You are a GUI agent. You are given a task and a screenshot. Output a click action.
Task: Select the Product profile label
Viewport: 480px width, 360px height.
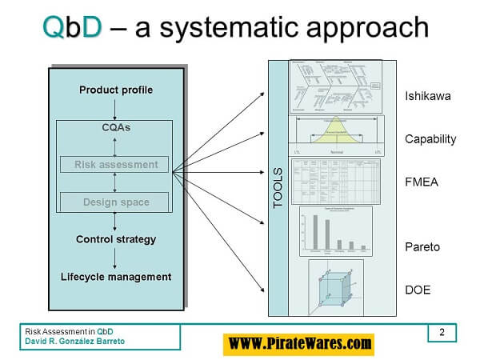(116, 90)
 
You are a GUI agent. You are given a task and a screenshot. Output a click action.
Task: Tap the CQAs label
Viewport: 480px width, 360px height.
(116, 127)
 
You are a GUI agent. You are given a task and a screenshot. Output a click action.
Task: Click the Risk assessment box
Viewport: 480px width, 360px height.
(115, 165)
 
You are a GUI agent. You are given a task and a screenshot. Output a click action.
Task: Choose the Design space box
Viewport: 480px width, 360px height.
(115, 202)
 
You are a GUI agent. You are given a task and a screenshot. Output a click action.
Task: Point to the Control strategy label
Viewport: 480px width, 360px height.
(116, 239)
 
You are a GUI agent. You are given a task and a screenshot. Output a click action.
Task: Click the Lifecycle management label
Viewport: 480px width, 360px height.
(116, 277)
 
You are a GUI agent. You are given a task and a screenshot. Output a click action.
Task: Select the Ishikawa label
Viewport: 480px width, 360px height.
(426, 97)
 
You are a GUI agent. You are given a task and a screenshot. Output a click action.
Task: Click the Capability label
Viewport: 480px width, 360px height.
(430, 138)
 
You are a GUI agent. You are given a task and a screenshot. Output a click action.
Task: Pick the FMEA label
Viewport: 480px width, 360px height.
(421, 182)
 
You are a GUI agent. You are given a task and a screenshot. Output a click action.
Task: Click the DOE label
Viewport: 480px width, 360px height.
(418, 289)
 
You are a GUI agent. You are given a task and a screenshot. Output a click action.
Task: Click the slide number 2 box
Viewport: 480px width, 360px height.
(443, 332)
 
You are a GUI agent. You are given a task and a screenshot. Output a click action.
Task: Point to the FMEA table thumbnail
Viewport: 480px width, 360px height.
(335, 182)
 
